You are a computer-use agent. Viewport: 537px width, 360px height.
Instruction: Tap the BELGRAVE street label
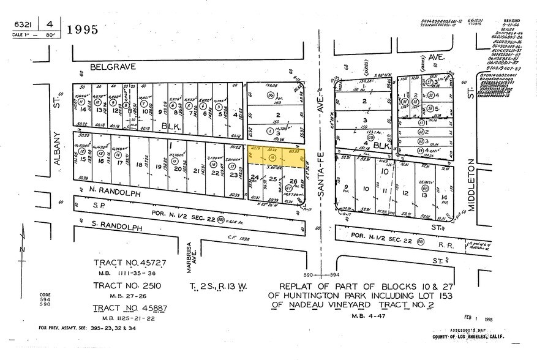pyautogui.click(x=112, y=64)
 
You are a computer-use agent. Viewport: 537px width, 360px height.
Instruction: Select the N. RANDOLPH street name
pyautogui.click(x=105, y=192)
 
